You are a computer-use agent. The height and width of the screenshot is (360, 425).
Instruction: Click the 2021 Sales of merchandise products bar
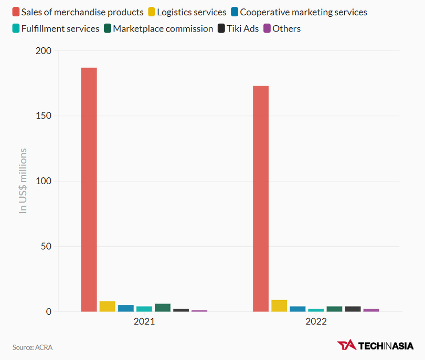pos(89,189)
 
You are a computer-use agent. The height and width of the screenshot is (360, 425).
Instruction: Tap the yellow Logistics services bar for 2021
pos(107,306)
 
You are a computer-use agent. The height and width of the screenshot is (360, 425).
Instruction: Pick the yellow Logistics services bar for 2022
pos(279,306)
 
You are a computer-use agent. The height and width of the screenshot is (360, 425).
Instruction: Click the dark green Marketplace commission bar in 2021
pos(163,308)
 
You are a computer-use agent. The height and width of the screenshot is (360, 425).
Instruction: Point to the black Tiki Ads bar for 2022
pos(353,309)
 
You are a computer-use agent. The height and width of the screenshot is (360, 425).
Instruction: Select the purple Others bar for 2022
pos(371,310)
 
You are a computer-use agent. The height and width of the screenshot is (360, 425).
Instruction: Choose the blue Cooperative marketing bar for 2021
pos(126,308)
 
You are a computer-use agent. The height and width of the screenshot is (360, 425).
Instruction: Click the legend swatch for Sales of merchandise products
pos(16,12)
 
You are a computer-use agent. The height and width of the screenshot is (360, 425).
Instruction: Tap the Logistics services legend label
pos(192,12)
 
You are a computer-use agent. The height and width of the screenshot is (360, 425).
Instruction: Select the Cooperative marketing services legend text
pos(303,12)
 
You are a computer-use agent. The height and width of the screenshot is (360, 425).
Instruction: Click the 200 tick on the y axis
pos(44,51)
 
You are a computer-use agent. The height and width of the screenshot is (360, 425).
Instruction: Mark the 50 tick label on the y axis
pos(46,247)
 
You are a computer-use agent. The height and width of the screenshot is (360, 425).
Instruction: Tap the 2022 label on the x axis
pos(316,322)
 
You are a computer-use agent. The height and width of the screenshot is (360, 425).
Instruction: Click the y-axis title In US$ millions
pos(23,181)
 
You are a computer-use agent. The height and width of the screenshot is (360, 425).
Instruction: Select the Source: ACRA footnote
pos(33,347)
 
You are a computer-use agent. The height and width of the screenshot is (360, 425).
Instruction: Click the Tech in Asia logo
pos(375,345)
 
